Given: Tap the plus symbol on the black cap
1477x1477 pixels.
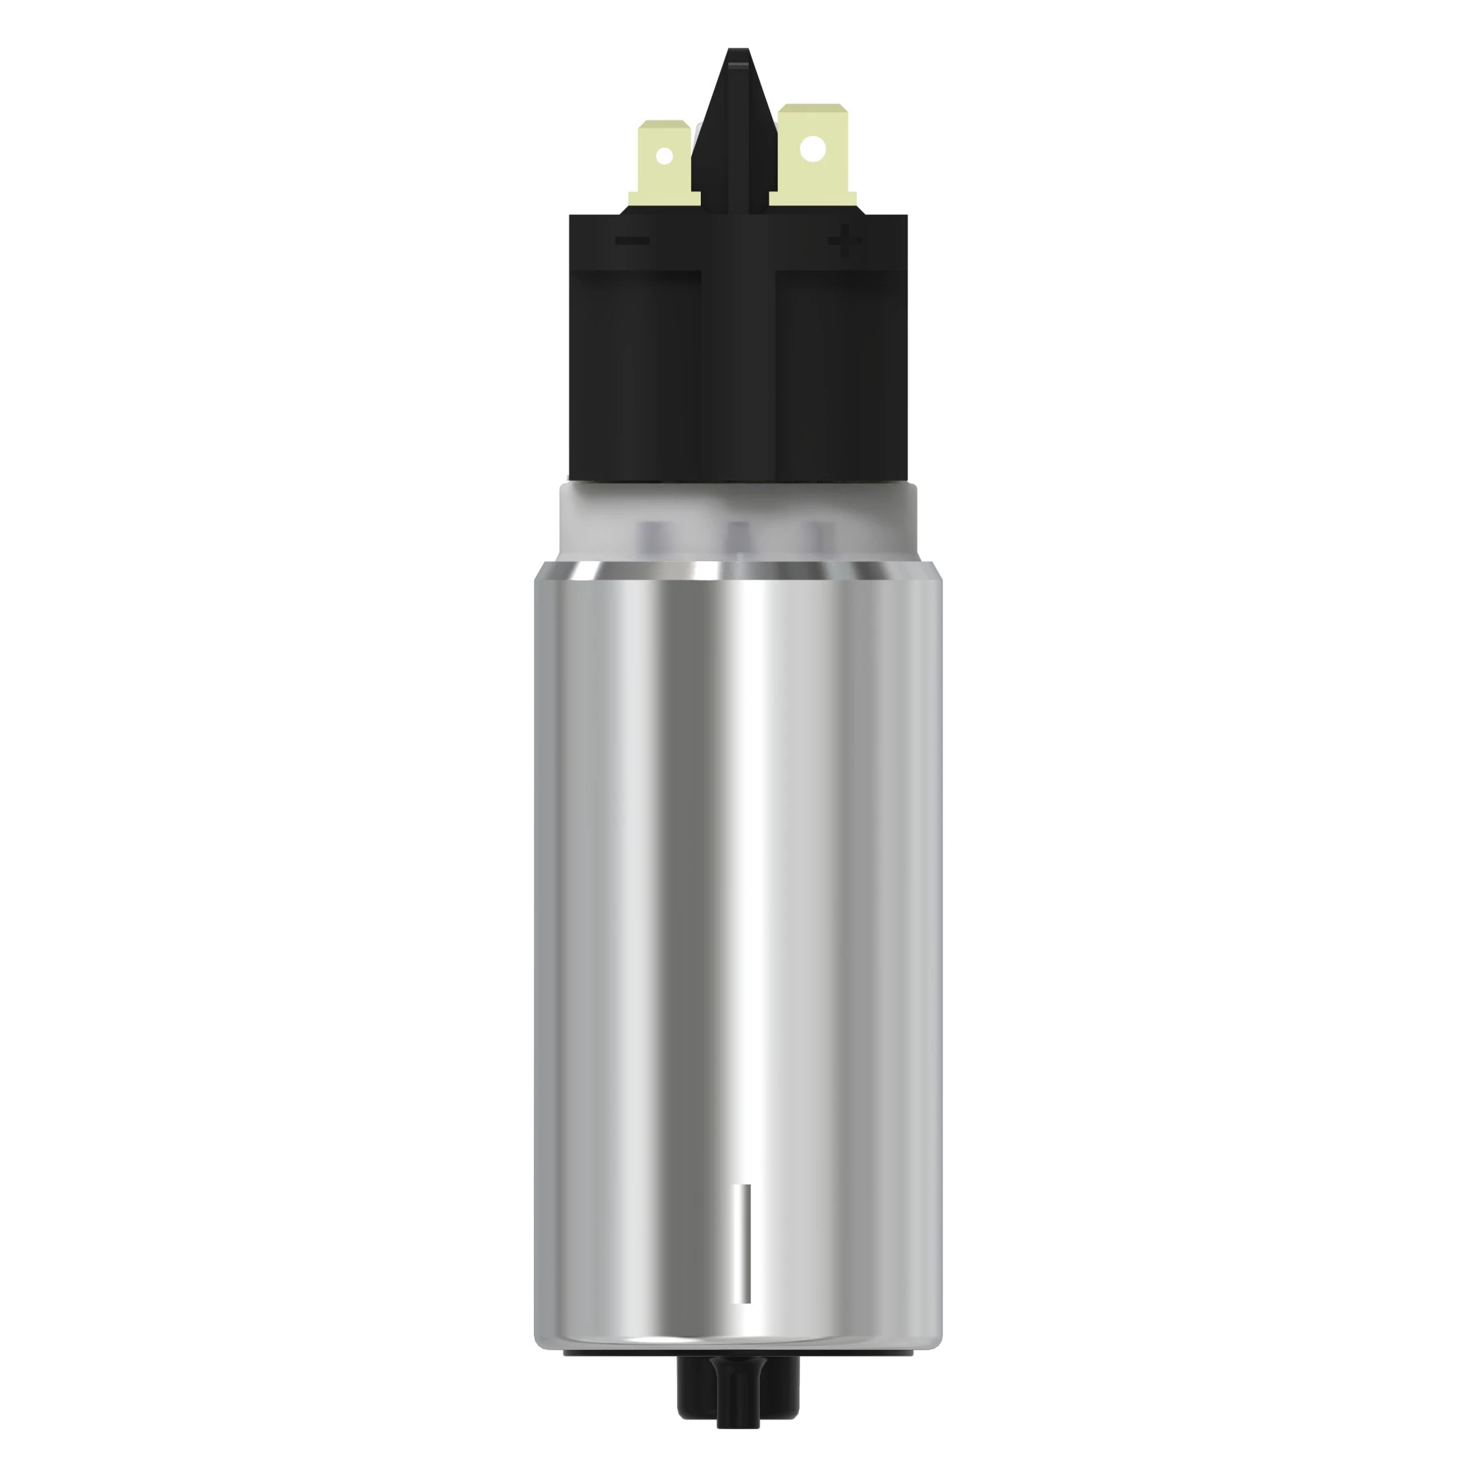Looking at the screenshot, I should pyautogui.click(x=844, y=241).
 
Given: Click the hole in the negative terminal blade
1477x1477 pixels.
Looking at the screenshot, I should pyautogui.click(x=665, y=156).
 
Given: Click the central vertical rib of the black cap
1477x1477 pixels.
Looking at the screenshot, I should pyautogui.click(x=738, y=344).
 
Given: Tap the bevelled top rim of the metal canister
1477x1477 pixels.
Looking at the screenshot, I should pyautogui.click(x=738, y=570).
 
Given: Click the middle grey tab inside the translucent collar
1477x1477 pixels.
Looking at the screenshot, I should pyautogui.click(x=738, y=535).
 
